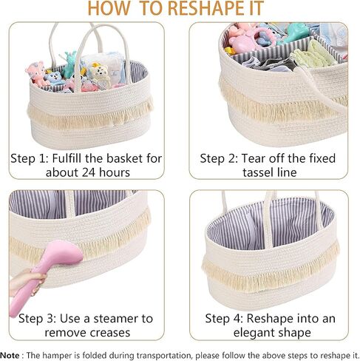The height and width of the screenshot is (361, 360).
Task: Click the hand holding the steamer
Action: [27, 282]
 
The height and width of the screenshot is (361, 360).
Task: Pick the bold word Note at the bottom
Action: [10, 355]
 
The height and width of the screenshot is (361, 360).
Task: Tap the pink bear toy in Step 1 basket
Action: [37, 72]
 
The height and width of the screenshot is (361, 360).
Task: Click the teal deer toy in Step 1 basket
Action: [69, 64]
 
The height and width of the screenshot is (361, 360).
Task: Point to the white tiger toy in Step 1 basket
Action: [101, 74]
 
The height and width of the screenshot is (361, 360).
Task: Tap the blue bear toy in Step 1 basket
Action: [54, 78]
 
